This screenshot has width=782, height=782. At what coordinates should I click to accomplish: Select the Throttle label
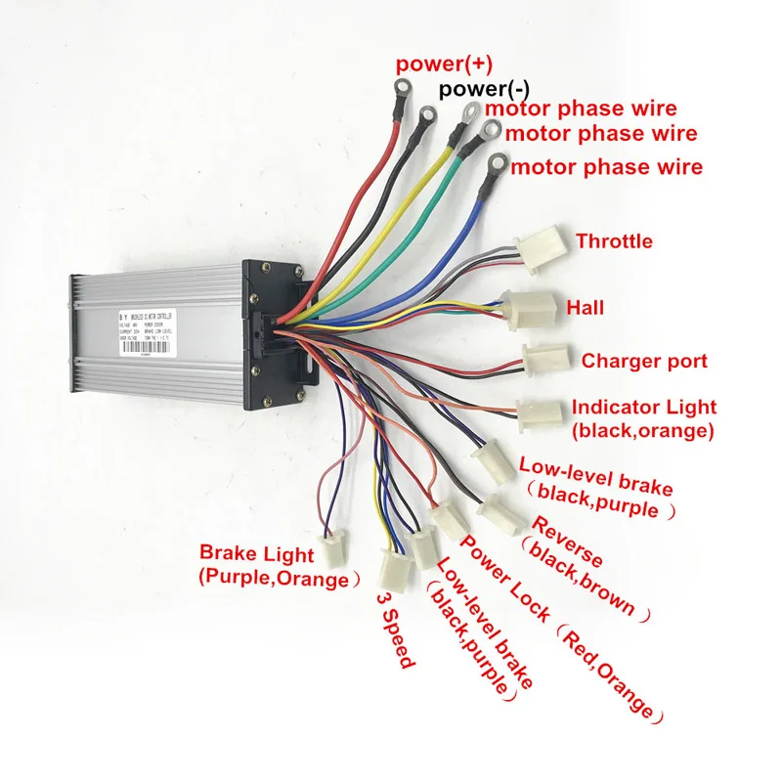[614, 240]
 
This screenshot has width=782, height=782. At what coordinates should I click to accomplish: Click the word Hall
[586, 307]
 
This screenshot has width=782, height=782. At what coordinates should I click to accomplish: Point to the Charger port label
[644, 361]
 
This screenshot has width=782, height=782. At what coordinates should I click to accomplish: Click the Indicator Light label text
[643, 407]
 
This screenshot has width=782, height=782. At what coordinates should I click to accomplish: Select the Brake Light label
[257, 554]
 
